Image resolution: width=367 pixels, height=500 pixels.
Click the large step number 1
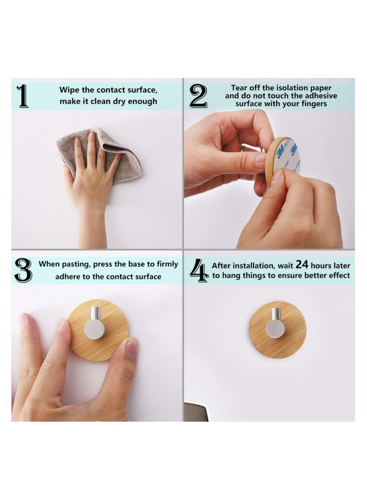pyautogui.click(x=22, y=96)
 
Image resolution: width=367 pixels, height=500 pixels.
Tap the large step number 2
pyautogui.click(x=198, y=96)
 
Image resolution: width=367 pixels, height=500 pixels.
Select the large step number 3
pyautogui.click(x=23, y=270)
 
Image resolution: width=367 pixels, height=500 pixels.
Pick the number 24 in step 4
pyautogui.click(x=302, y=264)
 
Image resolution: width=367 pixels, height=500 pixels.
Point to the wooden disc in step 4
pyautogui.click(x=278, y=330)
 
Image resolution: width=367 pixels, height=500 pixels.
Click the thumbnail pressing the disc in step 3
pyautogui.click(x=132, y=349)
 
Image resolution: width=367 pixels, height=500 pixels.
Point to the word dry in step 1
pyautogui.click(x=119, y=102)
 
